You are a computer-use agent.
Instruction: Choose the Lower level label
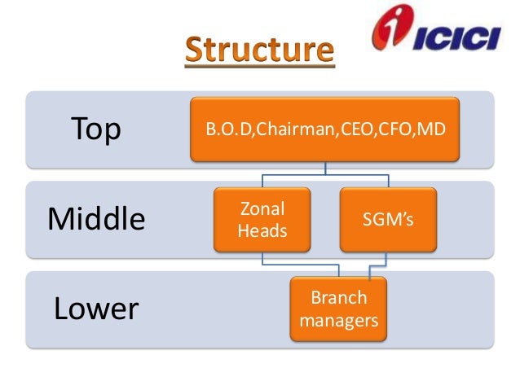pyautogui.click(x=96, y=309)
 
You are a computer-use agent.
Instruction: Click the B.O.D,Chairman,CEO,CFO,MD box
pyautogui.click(x=324, y=128)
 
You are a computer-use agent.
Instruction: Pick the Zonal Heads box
pyautogui.click(x=262, y=219)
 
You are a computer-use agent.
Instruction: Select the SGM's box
pyautogui.click(x=389, y=219)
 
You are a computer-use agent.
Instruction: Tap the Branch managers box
pyautogui.click(x=338, y=309)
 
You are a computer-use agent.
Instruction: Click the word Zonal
pyautogui.click(x=262, y=209)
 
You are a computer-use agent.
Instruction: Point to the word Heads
pyautogui.click(x=262, y=230)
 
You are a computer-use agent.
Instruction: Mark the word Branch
pyautogui.click(x=339, y=298)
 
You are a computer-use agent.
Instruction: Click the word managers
pyautogui.click(x=339, y=321)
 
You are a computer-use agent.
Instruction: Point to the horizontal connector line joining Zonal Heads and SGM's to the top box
pyautogui.click(x=325, y=173)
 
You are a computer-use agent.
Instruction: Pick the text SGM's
pyautogui.click(x=389, y=220)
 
